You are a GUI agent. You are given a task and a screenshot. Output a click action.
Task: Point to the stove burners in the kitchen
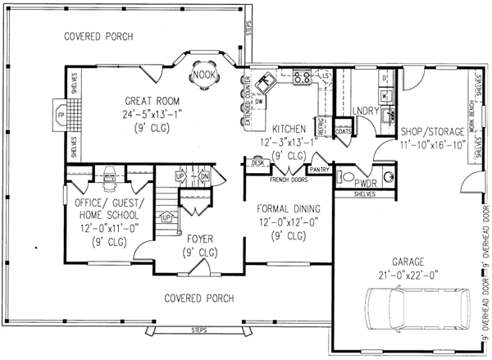(302, 78)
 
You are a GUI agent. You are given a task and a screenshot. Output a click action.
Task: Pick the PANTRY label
(320, 170)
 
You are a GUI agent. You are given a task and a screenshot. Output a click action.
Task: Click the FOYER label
(200, 239)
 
